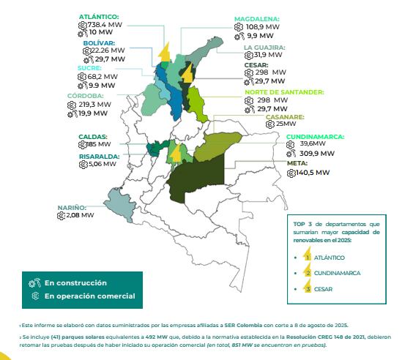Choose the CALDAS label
click(x=93, y=136)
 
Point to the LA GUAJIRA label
click(x=264, y=47)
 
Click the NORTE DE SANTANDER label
click(x=284, y=91)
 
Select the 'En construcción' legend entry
click(x=75, y=282)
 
